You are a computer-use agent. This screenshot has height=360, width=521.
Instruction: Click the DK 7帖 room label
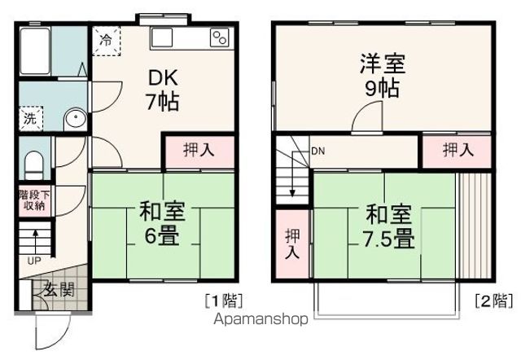(163, 90)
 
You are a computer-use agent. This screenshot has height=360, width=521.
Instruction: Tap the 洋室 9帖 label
(381, 74)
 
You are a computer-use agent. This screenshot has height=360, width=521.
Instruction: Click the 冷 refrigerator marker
(107, 40)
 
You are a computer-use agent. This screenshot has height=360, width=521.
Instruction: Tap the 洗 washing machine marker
(29, 116)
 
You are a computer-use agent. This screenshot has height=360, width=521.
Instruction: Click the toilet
(33, 166)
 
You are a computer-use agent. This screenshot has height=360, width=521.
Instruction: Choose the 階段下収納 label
(34, 201)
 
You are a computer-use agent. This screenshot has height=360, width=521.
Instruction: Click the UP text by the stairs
(34, 261)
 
